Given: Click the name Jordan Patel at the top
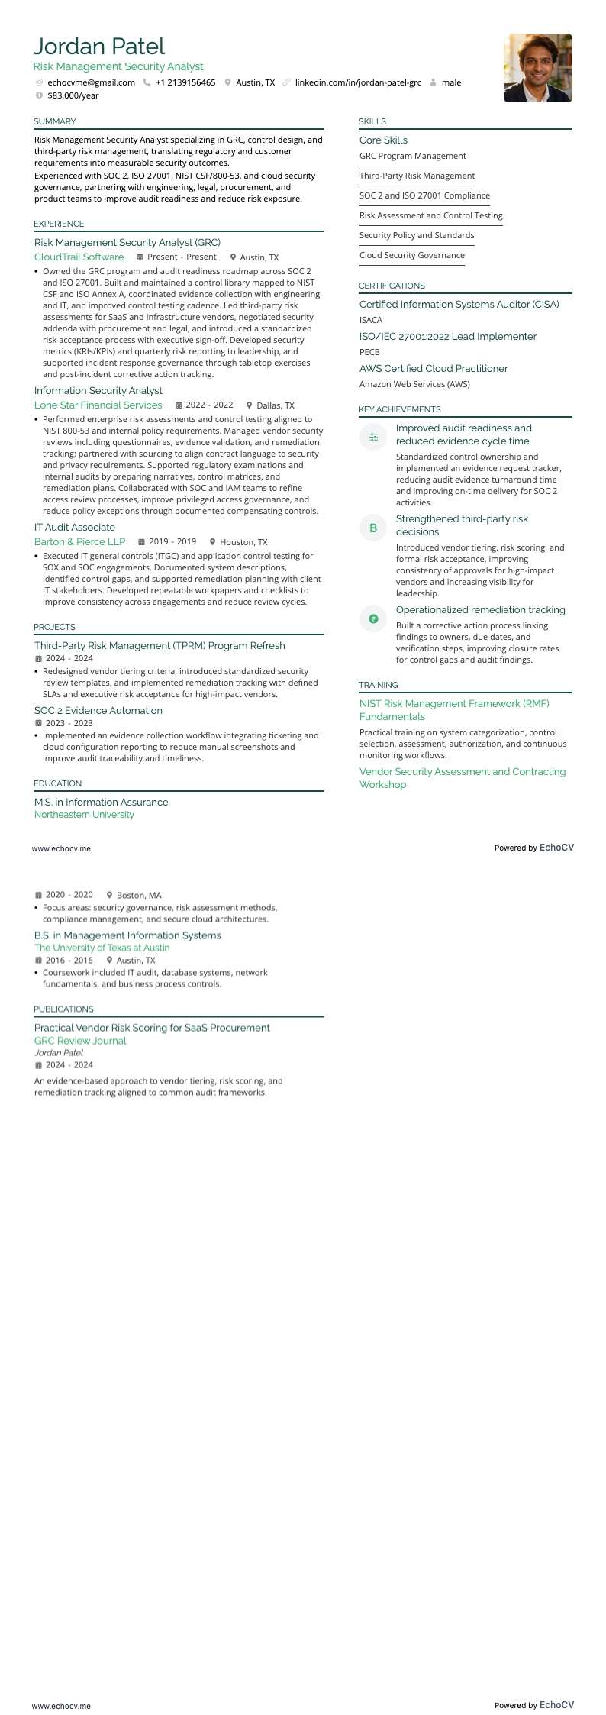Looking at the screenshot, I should click(99, 47).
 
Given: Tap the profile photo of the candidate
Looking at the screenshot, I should click(537, 68).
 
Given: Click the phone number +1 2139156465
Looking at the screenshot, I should click(185, 82).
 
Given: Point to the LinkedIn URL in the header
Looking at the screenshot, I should click(358, 82).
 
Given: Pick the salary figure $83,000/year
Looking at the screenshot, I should click(73, 95).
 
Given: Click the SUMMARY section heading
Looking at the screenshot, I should click(54, 121).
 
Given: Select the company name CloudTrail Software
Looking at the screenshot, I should click(79, 257).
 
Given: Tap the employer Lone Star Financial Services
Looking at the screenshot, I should click(98, 405).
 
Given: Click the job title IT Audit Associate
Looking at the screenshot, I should click(75, 528).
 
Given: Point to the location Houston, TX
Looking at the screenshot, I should click(243, 542).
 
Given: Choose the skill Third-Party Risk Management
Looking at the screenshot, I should click(417, 176).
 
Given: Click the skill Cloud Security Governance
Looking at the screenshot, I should click(411, 255).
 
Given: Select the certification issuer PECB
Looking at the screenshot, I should click(369, 352).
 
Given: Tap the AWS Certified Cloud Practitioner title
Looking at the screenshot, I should click(434, 369).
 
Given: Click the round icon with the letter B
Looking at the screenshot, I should click(373, 528).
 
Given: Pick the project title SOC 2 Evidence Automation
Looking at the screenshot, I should click(98, 711).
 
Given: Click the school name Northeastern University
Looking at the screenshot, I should click(84, 815).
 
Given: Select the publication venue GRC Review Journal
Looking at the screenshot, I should click(80, 1041).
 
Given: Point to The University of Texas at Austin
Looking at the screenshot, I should click(102, 948).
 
